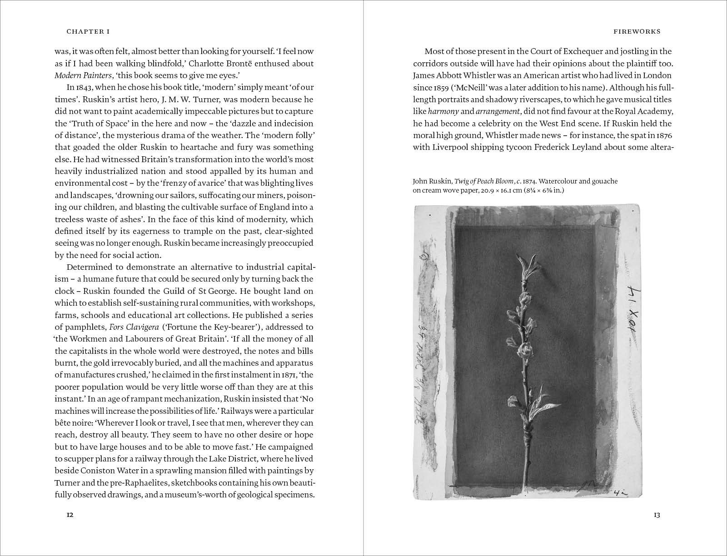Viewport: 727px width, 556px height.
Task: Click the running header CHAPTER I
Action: pos(88,32)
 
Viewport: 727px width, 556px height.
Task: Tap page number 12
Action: pos(70,515)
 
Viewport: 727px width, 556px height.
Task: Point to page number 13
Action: pos(657,515)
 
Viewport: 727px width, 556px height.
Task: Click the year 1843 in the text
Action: pos(84,87)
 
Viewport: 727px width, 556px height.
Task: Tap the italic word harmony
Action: pos(443,111)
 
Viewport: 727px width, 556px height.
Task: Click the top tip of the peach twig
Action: pos(521,257)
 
